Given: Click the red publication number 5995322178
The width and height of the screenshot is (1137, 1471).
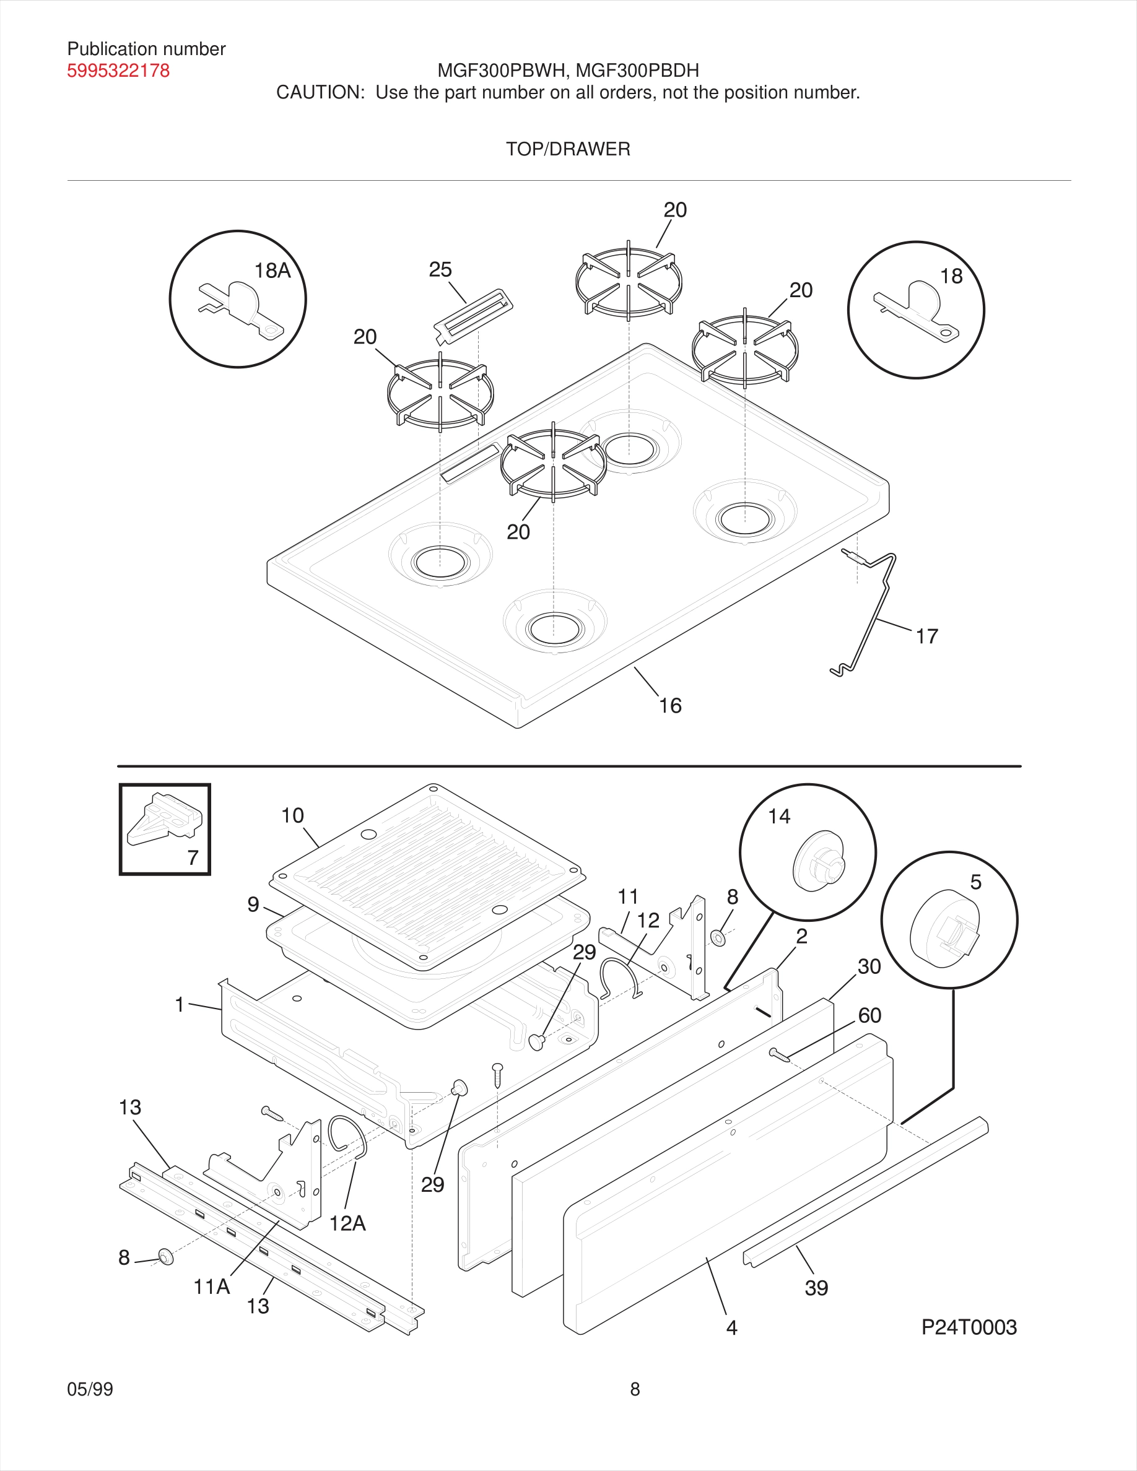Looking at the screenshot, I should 118,71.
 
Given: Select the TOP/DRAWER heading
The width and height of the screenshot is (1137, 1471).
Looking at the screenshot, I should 568,149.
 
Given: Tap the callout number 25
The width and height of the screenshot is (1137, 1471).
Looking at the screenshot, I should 440,269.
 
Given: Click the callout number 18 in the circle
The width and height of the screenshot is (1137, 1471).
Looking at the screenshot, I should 951,276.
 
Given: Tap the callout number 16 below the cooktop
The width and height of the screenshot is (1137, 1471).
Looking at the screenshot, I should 669,705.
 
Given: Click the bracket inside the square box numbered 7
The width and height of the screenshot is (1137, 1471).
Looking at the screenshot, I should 163,819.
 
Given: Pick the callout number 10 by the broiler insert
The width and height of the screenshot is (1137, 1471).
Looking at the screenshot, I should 292,815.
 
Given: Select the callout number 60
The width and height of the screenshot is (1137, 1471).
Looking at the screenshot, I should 869,1015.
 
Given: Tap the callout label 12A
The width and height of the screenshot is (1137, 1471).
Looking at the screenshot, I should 347,1223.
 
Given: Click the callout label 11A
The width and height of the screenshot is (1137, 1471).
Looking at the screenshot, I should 212,1287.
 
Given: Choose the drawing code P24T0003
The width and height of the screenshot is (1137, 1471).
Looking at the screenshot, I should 969,1327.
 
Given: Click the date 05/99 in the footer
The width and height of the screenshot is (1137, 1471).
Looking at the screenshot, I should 90,1389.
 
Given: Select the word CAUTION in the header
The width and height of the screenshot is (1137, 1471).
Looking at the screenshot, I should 320,92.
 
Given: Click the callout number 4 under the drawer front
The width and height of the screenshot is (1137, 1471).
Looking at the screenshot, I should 731,1327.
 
